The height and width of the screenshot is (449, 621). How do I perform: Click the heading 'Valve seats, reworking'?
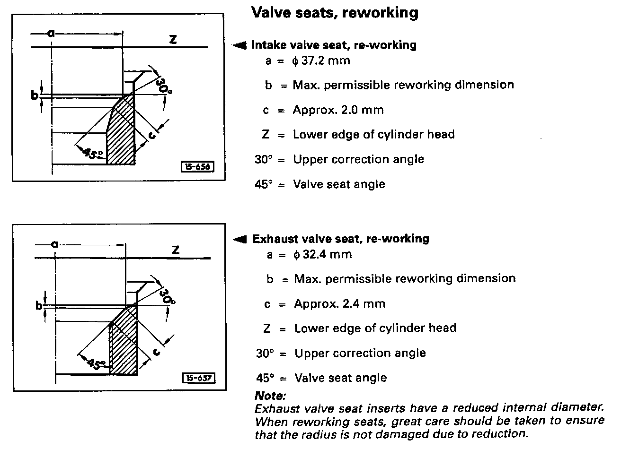(x=335, y=13)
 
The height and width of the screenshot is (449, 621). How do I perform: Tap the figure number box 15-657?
(x=198, y=378)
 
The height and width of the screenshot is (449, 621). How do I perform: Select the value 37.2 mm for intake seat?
(x=322, y=60)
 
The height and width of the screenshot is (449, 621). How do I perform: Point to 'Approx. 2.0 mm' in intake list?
(x=338, y=110)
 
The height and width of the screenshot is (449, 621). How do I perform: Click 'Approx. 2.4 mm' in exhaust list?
(x=339, y=303)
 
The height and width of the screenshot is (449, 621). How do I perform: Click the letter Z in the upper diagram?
(x=173, y=40)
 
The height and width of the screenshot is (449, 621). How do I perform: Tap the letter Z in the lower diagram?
(x=176, y=250)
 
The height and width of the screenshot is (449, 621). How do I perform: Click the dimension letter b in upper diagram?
(x=34, y=95)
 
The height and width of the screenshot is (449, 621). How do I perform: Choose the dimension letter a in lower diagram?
(x=55, y=244)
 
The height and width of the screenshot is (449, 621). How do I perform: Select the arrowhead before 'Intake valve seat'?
(x=240, y=45)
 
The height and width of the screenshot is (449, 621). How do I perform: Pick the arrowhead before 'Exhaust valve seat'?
(x=240, y=239)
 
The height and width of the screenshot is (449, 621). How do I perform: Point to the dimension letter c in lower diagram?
(x=157, y=351)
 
